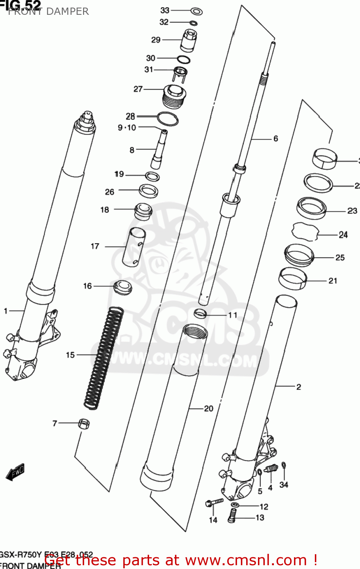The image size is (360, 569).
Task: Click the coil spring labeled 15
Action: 103,358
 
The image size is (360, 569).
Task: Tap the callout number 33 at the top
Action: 165,10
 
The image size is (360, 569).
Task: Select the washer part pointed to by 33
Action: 196,11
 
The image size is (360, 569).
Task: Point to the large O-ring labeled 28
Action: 167,119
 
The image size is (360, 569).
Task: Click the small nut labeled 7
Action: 84,424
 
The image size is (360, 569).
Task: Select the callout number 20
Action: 209,409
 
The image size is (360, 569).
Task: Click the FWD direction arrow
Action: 16,472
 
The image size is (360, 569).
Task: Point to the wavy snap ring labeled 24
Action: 305,232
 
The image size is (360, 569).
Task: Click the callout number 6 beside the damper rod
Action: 276,139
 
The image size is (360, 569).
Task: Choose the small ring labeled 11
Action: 200,313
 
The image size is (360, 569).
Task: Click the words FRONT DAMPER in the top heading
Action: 49,12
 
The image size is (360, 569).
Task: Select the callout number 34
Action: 284,485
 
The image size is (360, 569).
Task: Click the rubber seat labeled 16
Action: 123,287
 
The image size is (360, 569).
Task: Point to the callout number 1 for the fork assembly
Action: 6,311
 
